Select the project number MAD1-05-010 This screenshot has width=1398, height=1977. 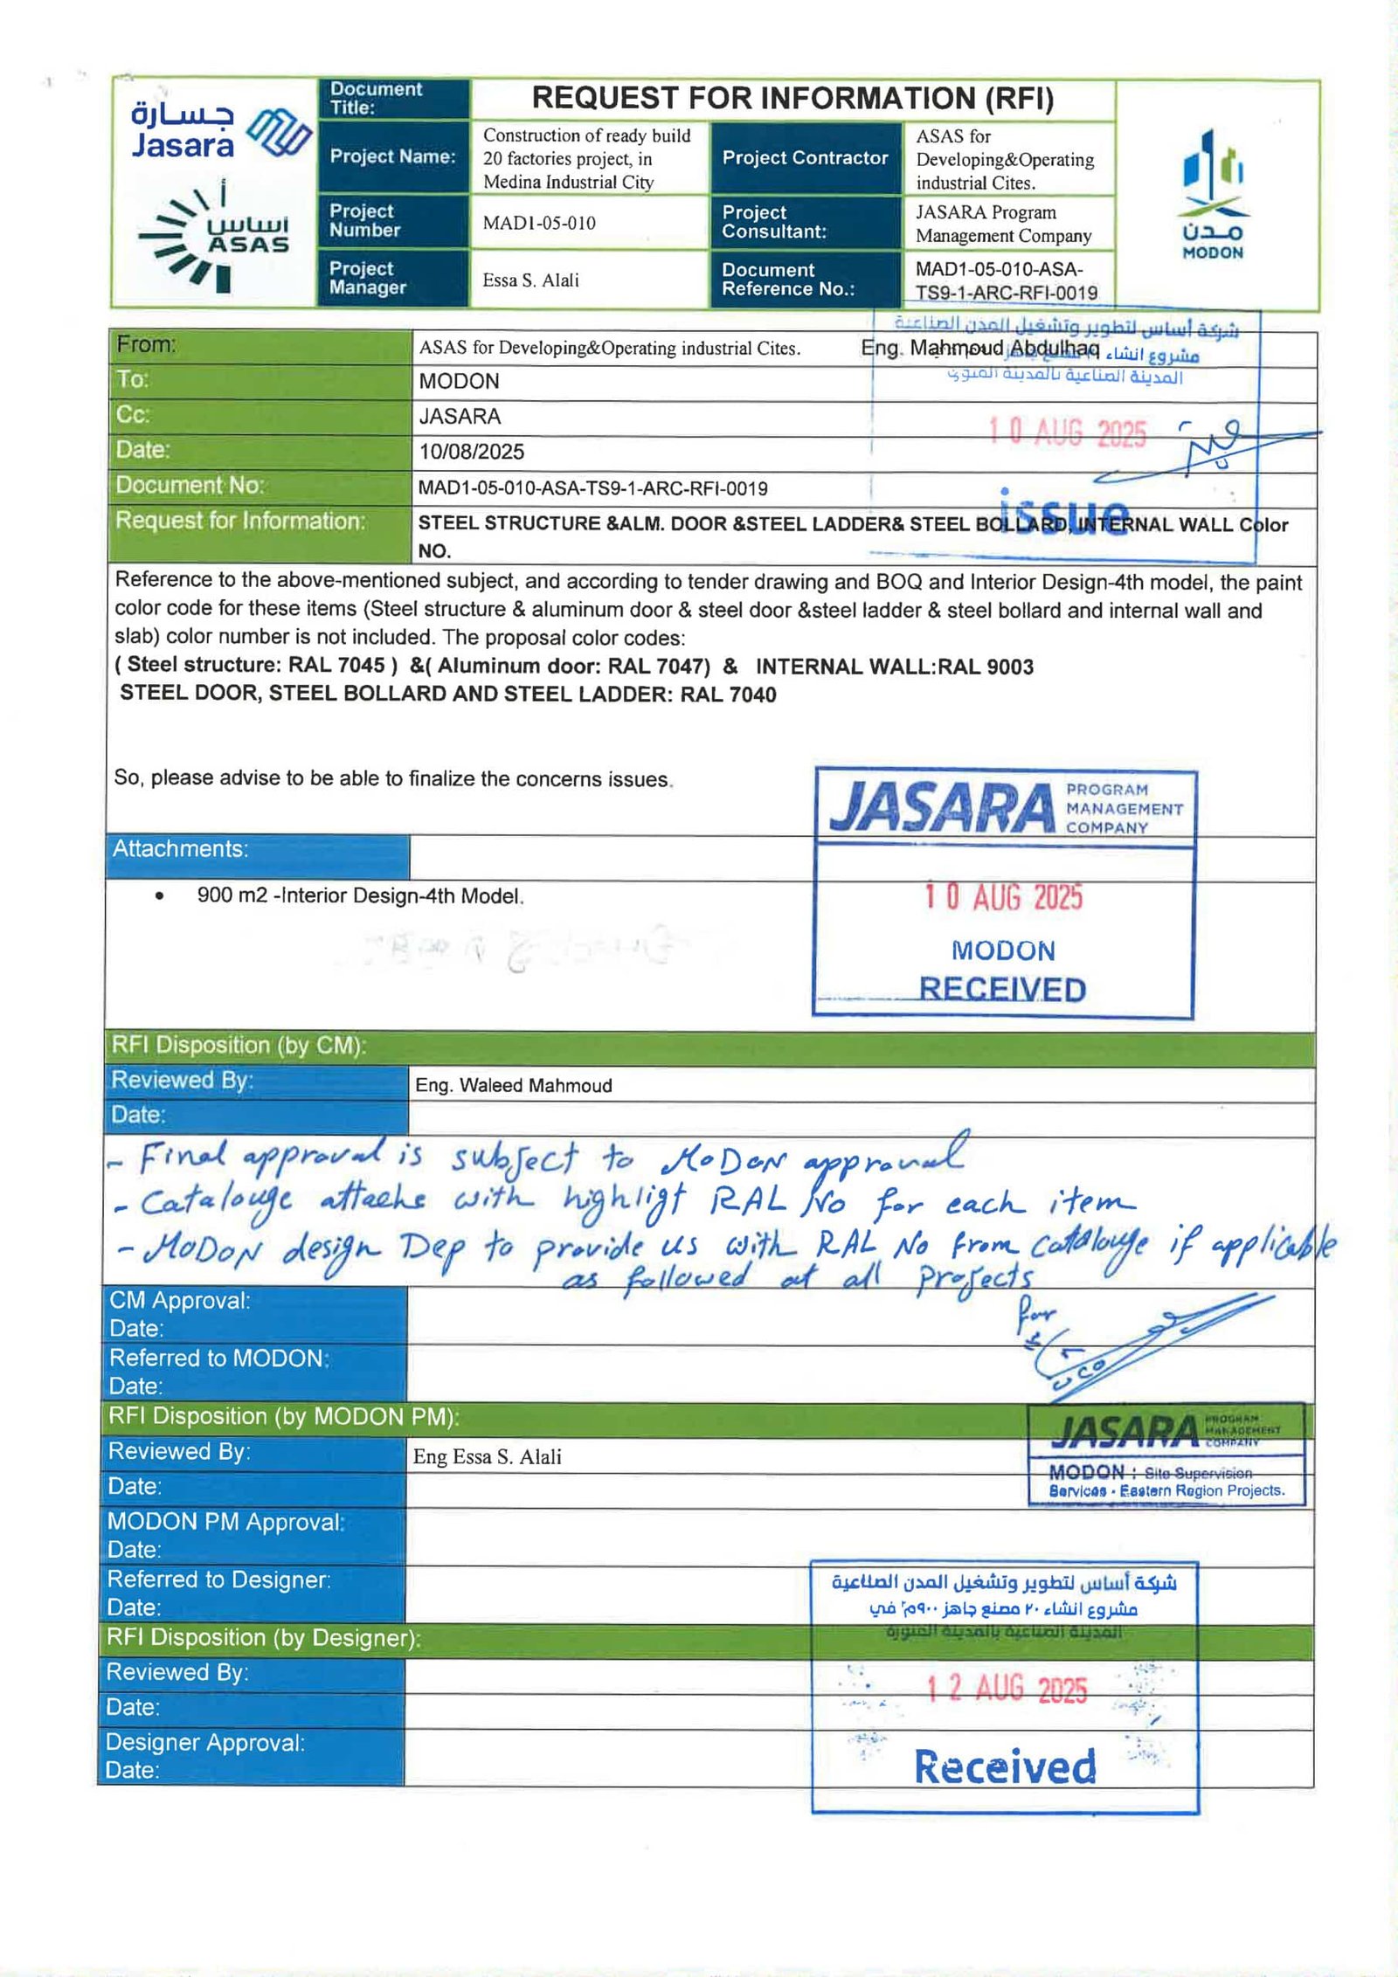click(539, 223)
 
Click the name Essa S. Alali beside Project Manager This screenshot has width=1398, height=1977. click(530, 280)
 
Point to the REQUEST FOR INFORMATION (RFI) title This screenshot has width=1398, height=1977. click(792, 99)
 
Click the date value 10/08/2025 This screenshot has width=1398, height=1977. click(472, 452)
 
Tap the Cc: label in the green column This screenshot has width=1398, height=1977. click(133, 415)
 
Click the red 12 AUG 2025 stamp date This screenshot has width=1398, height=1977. click(1007, 1689)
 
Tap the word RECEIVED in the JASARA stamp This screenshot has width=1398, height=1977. click(1002, 989)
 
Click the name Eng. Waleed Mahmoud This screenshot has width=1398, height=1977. click(514, 1085)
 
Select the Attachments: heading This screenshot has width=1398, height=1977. click(180, 849)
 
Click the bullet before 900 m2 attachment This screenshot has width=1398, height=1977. click(159, 895)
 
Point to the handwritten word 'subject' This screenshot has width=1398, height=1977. click(514, 1159)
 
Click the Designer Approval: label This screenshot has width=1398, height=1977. click(204, 1743)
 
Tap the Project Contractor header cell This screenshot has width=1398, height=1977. click(805, 158)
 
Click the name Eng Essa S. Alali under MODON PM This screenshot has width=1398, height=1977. click(488, 1456)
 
